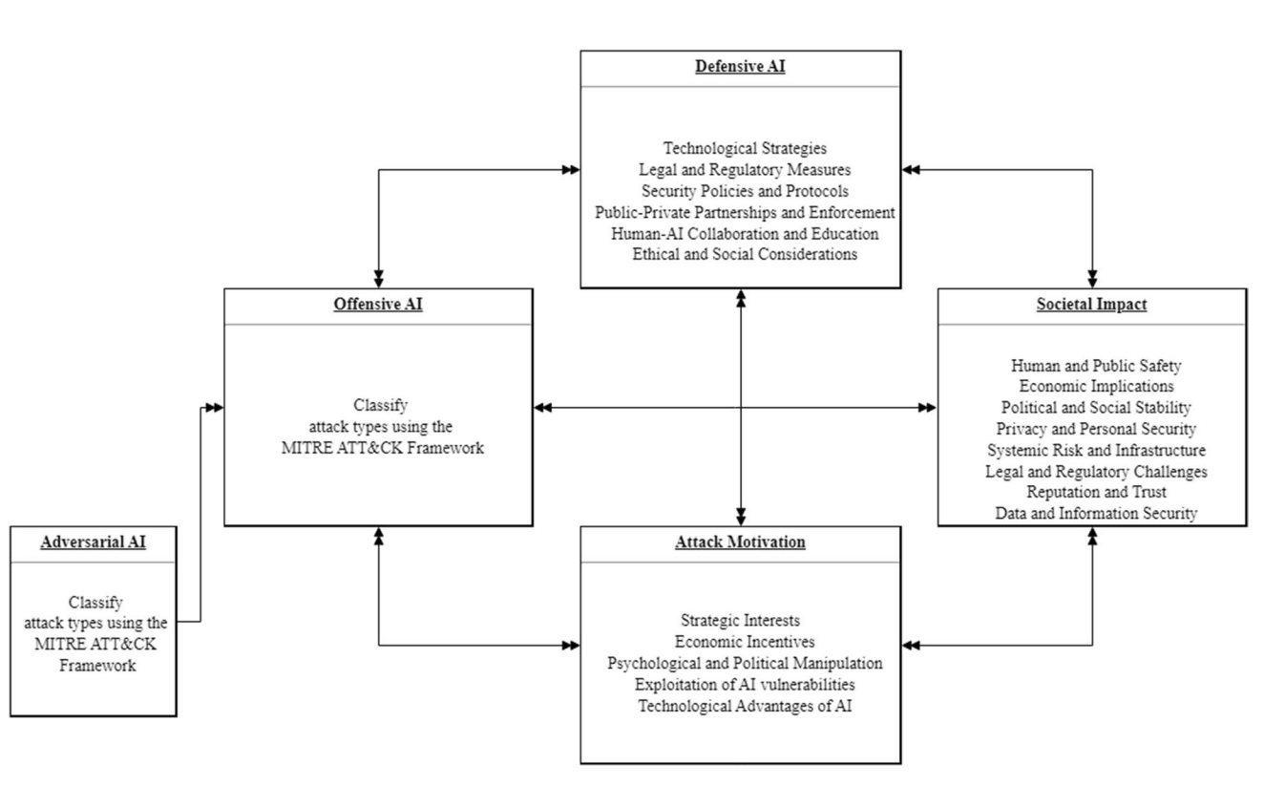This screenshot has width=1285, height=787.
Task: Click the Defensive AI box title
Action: (x=740, y=67)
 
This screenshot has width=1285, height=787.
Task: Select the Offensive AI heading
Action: (x=378, y=305)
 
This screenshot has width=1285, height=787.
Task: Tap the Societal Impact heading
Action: (x=1091, y=305)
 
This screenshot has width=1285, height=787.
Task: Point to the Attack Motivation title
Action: (x=740, y=542)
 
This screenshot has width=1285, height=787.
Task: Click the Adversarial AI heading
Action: (x=93, y=542)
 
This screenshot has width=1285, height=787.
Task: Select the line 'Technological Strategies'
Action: (x=745, y=149)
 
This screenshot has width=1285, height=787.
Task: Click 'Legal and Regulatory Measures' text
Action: (x=745, y=170)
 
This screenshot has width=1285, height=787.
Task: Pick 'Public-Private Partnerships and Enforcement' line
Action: (x=745, y=212)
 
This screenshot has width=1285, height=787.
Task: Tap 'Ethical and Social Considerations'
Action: (x=745, y=254)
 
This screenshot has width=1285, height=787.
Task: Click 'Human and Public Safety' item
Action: (x=1096, y=366)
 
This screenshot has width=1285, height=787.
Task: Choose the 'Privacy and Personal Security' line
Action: (x=1096, y=429)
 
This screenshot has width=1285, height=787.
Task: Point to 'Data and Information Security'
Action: (x=1096, y=513)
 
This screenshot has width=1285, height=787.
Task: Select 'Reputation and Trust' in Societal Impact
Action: (x=1096, y=492)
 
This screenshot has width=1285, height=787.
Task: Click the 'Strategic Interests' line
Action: (x=740, y=621)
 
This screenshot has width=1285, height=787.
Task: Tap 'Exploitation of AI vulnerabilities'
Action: (x=745, y=684)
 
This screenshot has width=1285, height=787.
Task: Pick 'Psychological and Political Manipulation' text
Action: (x=745, y=663)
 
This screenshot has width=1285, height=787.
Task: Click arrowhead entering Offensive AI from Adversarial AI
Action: (x=215, y=408)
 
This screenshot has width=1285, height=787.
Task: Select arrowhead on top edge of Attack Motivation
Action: (x=741, y=517)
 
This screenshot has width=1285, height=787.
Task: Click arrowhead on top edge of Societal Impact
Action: (x=1092, y=279)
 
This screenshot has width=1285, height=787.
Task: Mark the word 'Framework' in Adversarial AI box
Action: (x=97, y=666)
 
